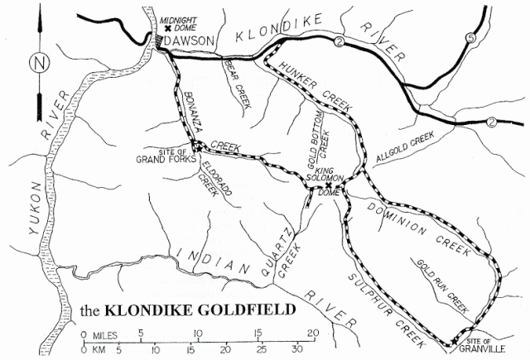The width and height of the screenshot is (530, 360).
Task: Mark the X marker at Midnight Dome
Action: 167,27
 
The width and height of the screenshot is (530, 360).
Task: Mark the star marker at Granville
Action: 454,340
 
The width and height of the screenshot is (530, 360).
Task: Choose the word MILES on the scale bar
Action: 108,334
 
